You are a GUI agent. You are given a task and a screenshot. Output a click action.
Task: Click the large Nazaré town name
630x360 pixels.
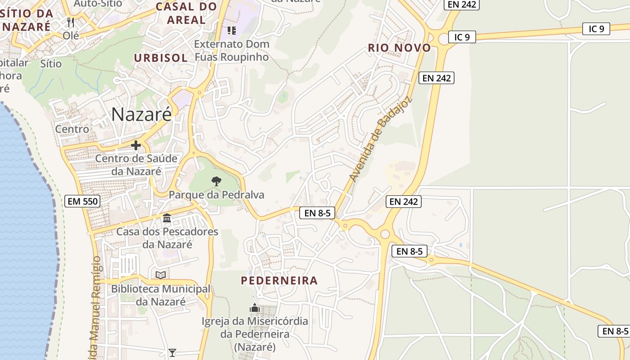tap(141, 114)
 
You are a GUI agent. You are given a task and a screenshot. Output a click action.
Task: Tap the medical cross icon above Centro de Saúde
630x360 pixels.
tap(136, 145)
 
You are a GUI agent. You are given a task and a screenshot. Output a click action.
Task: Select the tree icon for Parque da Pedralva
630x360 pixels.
tap(216, 181)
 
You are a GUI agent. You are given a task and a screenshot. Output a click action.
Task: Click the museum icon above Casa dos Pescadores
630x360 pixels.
tap(167, 218)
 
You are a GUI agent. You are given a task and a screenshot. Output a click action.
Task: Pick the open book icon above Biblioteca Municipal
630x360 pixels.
tap(161, 275)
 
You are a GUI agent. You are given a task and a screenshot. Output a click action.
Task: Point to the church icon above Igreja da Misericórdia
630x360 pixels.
tap(255, 308)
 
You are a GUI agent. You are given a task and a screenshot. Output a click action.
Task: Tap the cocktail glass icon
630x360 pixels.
tap(172, 352)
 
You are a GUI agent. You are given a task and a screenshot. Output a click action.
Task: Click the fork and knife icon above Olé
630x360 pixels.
tap(70, 22)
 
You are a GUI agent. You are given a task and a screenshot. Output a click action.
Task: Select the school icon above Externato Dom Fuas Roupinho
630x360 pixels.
tap(232, 31)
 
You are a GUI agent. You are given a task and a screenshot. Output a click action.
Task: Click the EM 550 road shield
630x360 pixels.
tap(82, 201)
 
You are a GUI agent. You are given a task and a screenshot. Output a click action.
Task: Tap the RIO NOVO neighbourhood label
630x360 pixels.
tap(399, 48)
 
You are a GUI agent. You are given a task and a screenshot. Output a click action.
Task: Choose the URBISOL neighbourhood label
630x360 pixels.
tap(161, 58)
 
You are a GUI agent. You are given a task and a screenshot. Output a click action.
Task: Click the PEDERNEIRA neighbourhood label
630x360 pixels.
tap(279, 281)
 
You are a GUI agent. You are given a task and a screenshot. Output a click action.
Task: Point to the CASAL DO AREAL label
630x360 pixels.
tap(186, 13)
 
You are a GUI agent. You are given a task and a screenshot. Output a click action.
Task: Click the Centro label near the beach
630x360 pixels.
tap(72, 129)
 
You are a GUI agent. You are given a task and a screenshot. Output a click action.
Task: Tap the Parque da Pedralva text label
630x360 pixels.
tap(216, 195)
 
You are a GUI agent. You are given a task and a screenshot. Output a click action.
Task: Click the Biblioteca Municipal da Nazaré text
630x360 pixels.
tap(161, 295)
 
